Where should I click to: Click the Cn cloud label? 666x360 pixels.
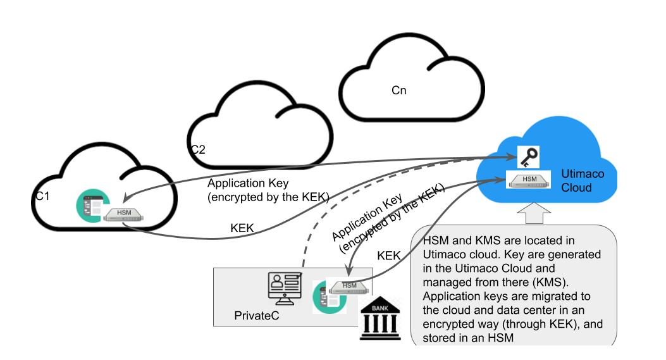coord(398,90)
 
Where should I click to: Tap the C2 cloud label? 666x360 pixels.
coord(198,149)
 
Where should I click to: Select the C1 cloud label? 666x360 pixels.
coord(42,197)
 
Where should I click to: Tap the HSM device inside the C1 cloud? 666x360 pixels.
coord(123,214)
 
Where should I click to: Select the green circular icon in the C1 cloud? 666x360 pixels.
coord(90,206)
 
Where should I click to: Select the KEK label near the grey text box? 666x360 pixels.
coord(389,256)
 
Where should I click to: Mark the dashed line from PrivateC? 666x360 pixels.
coord(329,215)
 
